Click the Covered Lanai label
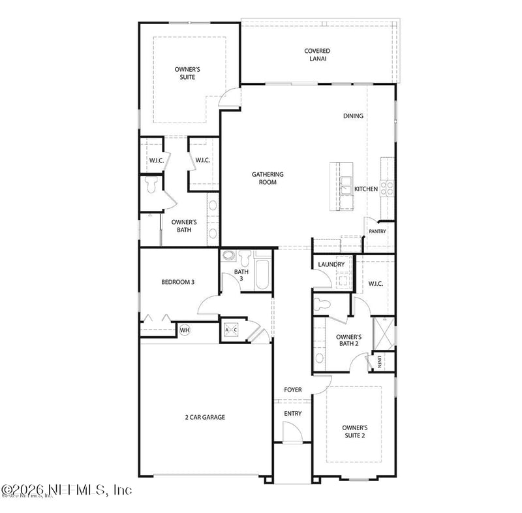coord(316,55)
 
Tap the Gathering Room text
coord(268,178)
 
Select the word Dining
coord(353,116)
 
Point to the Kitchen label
coord(365,189)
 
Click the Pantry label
coord(377,231)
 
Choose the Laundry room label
coord(326,264)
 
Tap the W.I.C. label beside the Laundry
coord(375,284)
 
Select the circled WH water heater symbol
coord(184,330)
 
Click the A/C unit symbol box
coord(232,330)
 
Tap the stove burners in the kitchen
coord(387,188)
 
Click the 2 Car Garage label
coord(204,417)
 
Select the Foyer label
coord(293,390)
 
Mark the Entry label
coord(292,414)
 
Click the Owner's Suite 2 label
coord(354,432)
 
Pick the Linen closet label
coord(378,362)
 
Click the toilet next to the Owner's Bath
coord(151,186)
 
